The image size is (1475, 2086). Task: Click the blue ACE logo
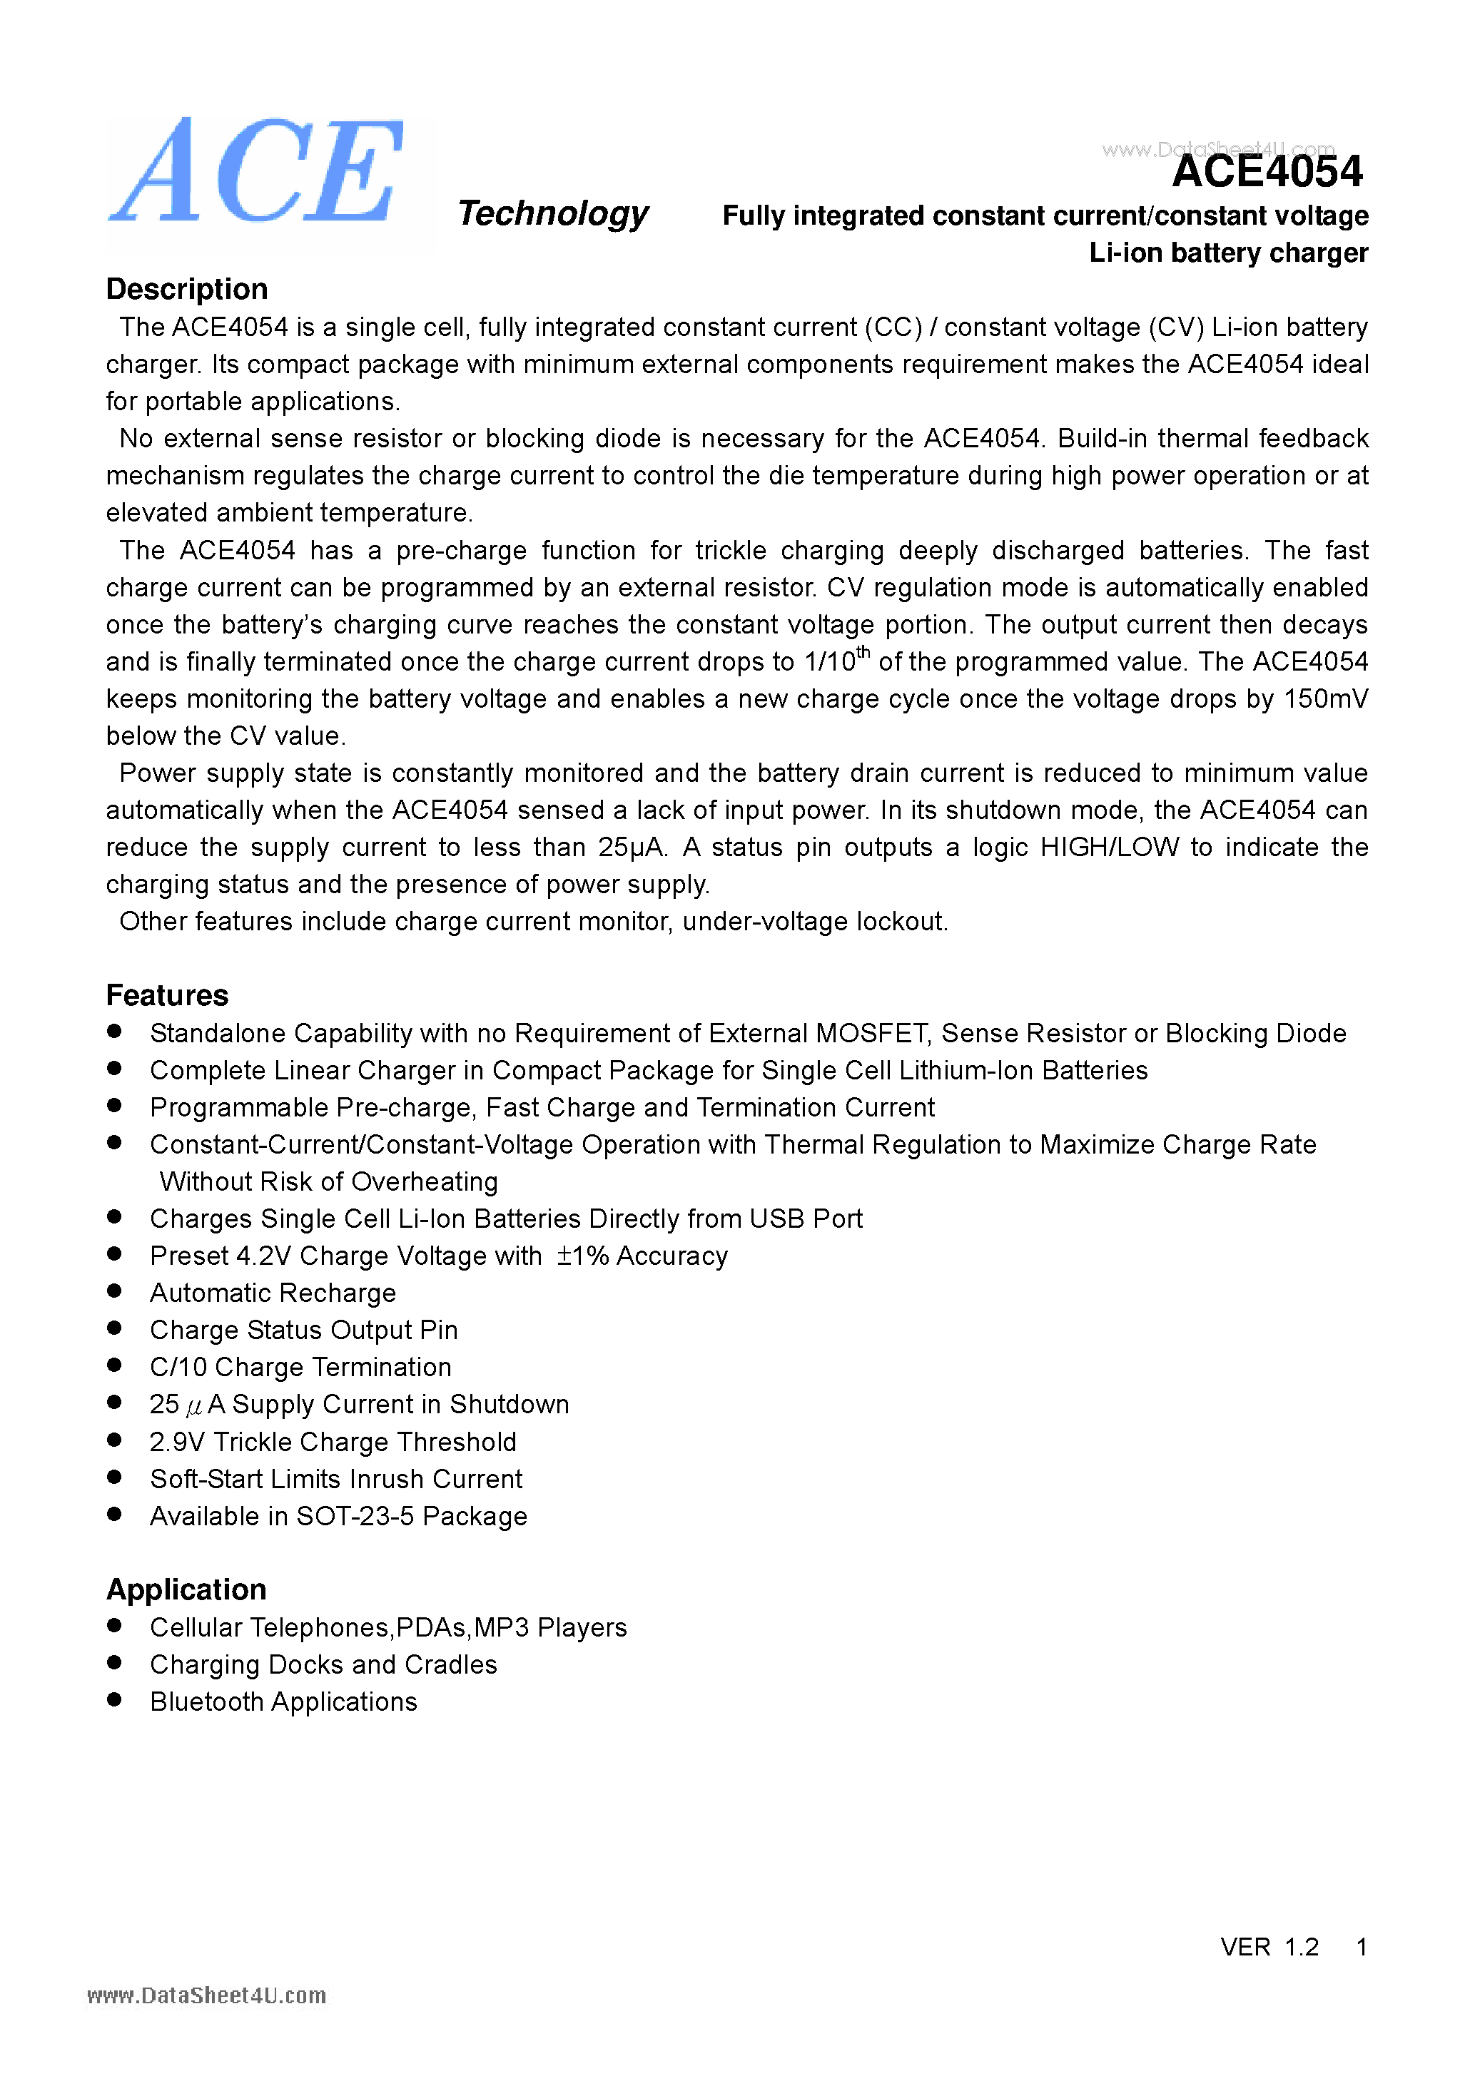pyautogui.click(x=257, y=173)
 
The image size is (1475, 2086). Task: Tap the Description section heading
pyautogui.click(x=186, y=289)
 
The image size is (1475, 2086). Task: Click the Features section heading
pyautogui.click(x=167, y=995)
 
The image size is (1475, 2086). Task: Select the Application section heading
pyautogui.click(x=186, y=1589)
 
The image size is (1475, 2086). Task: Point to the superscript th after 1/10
pyautogui.click(x=863, y=651)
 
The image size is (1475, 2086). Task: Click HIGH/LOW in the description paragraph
pyautogui.click(x=1109, y=847)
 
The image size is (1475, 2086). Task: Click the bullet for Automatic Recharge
pyautogui.click(x=114, y=1291)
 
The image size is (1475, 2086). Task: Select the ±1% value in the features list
pyautogui.click(x=582, y=1256)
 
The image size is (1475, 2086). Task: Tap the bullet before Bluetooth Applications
pyautogui.click(x=114, y=1700)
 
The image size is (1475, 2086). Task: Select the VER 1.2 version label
pyautogui.click(x=1269, y=1947)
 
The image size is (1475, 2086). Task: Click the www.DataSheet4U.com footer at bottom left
pyautogui.click(x=206, y=1996)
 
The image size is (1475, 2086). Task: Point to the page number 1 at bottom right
pyautogui.click(x=1361, y=1947)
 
